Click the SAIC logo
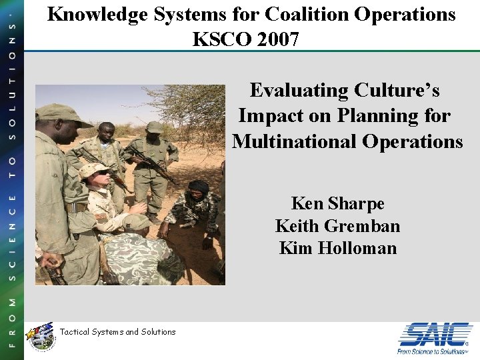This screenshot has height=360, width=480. [x=435, y=333]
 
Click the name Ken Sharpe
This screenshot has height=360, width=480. [x=337, y=203]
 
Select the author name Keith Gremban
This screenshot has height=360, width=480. [x=337, y=226]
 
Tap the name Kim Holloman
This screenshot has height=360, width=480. [x=337, y=249]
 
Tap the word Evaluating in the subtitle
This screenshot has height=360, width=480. [x=297, y=90]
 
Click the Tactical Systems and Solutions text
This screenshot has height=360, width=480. [x=117, y=332]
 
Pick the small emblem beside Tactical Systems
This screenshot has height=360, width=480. [x=39, y=335]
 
